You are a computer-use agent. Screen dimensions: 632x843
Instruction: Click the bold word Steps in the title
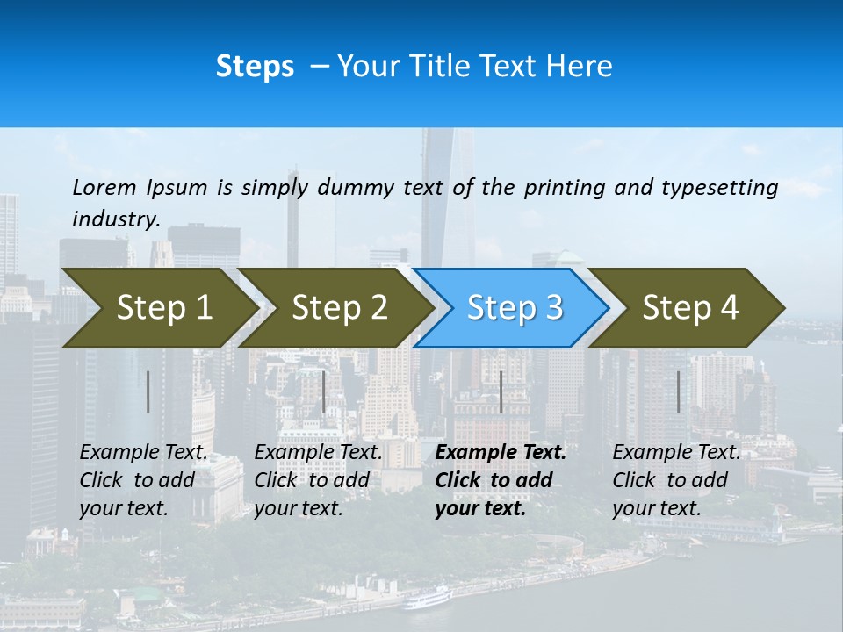click(x=255, y=67)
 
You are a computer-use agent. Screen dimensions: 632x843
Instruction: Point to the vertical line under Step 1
click(x=148, y=391)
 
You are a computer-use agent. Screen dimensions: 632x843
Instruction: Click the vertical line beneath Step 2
click(x=324, y=391)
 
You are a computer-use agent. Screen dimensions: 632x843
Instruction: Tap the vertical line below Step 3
click(x=501, y=391)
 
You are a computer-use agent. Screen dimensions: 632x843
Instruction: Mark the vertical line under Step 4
click(x=678, y=391)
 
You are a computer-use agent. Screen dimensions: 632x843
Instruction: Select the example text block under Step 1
click(x=143, y=480)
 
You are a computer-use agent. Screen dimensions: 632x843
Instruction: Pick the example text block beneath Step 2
click(x=318, y=480)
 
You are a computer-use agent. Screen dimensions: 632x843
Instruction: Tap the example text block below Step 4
click(x=676, y=480)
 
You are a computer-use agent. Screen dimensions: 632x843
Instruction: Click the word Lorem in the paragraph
click(x=104, y=187)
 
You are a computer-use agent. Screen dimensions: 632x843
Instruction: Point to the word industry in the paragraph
click(x=116, y=219)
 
